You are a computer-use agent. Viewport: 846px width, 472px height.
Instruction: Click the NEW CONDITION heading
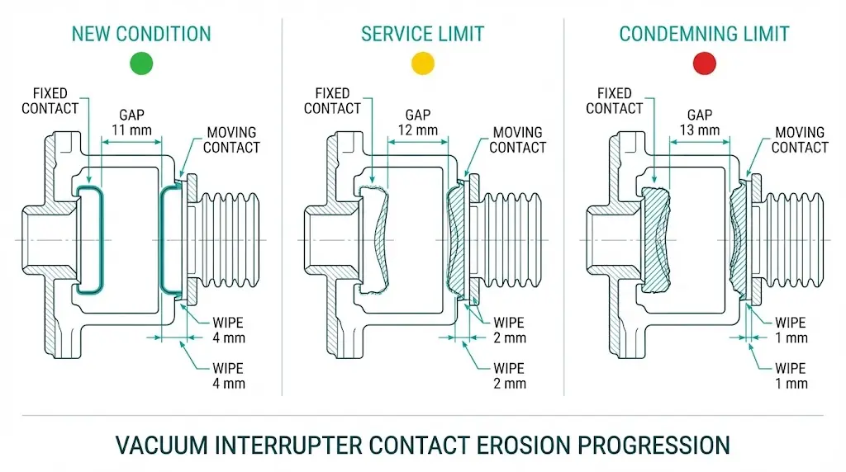click(x=141, y=34)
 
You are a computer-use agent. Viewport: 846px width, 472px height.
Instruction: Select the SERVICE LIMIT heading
click(x=422, y=34)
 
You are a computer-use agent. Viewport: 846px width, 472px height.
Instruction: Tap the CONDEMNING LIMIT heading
click(x=704, y=34)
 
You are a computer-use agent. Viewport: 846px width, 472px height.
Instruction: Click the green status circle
click(x=142, y=63)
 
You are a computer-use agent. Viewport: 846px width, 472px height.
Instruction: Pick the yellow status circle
click(x=422, y=63)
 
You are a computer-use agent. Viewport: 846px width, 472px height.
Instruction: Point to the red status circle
click(x=704, y=63)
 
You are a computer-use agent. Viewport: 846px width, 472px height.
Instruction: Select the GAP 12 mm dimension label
click(x=421, y=123)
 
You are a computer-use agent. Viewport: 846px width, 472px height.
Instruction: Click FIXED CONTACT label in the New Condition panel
click(x=50, y=101)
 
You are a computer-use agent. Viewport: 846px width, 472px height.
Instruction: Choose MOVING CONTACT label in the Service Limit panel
click(x=517, y=140)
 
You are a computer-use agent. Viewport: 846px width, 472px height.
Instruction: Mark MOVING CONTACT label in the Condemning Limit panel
click(x=799, y=140)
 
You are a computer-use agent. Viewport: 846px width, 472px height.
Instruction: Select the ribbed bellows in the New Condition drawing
click(x=227, y=239)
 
